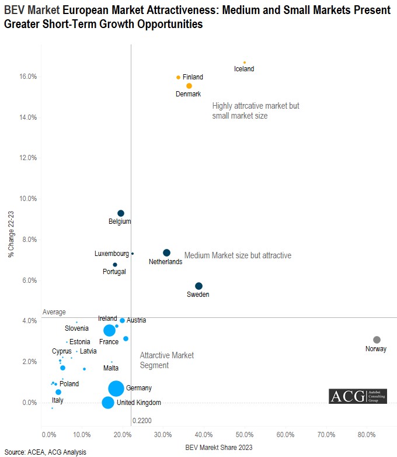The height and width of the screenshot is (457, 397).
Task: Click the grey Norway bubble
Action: point(377,340)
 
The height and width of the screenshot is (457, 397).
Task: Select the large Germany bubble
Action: point(116,388)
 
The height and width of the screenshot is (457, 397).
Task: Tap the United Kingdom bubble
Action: point(108,403)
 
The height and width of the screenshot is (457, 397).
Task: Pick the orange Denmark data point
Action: point(189,86)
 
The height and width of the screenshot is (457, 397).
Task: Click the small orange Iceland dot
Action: point(245,63)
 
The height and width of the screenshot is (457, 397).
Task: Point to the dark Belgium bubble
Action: point(121,213)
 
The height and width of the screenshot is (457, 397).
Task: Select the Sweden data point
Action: point(198,286)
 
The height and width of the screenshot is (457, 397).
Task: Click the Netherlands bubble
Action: point(166,252)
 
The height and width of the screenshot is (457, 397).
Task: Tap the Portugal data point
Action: point(115,265)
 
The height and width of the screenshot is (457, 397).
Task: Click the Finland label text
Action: point(193,77)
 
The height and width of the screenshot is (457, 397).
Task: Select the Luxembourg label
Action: point(112,254)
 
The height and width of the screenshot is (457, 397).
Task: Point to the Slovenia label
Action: point(76,328)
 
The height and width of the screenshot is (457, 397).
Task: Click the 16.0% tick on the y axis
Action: point(29,77)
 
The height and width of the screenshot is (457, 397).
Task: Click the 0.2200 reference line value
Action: point(142,420)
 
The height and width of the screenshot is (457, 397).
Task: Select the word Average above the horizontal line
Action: point(54,312)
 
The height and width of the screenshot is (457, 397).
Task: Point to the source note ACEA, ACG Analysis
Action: point(45,452)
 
